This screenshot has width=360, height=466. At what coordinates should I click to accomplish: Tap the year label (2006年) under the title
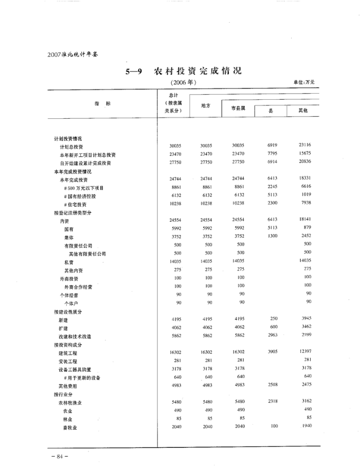pos(183,82)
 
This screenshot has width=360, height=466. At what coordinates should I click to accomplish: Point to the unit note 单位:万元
pos(304,82)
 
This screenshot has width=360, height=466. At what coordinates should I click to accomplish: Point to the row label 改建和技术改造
pos(75,336)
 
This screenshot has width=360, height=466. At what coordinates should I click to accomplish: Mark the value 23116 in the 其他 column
pos(305,146)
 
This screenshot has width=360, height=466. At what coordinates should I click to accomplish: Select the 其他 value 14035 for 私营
pos(305,261)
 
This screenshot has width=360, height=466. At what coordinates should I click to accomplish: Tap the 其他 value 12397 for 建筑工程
pos(305,351)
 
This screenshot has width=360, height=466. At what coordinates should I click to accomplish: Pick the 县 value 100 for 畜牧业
pos(274,426)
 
